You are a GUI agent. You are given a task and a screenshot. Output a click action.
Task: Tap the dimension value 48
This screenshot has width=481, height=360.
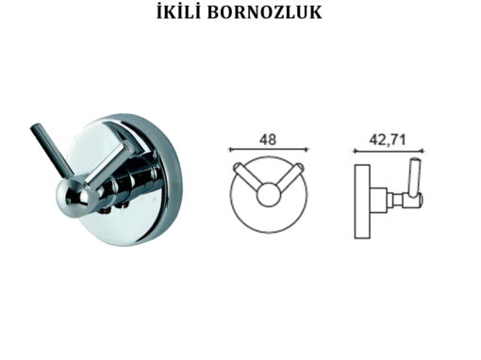(268, 139)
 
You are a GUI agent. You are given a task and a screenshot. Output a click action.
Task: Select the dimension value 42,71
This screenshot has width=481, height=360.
(388, 139)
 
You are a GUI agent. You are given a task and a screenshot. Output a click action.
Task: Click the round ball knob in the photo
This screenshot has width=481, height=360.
(73, 197)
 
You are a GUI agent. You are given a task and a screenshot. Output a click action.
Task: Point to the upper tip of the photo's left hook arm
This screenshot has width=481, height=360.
(35, 127)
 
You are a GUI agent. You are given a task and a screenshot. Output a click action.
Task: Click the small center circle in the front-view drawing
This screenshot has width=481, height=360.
(268, 194)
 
